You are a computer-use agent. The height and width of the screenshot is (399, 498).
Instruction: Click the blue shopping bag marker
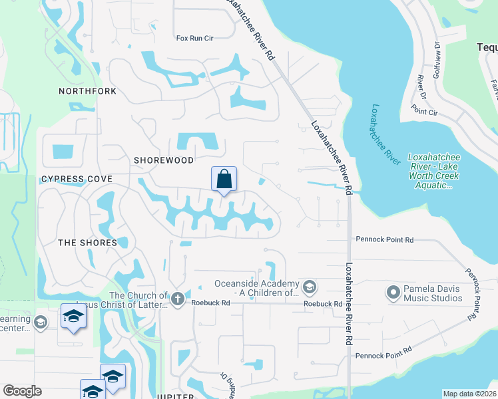click(224, 179)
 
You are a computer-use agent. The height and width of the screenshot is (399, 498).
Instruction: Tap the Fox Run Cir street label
click(194, 39)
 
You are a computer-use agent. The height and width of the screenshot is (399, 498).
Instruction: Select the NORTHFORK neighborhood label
click(87, 91)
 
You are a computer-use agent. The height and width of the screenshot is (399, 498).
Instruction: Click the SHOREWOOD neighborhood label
click(164, 160)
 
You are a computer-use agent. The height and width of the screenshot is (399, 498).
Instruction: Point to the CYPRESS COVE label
click(77, 179)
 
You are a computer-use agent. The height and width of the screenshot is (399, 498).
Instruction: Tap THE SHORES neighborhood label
click(88, 243)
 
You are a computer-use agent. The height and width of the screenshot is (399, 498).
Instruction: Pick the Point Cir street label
click(424, 112)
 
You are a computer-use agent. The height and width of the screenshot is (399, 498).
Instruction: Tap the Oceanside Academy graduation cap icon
click(309, 287)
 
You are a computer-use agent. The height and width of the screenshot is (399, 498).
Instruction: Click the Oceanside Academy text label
click(256, 288)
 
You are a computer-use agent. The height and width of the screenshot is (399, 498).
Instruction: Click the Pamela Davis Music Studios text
click(433, 293)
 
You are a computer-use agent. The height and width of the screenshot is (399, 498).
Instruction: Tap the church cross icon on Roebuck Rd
click(177, 299)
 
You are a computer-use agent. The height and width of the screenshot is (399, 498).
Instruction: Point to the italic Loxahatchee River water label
click(385, 134)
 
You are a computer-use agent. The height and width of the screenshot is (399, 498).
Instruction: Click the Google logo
click(22, 391)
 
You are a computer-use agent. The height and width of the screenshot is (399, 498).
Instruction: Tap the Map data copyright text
click(469, 394)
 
